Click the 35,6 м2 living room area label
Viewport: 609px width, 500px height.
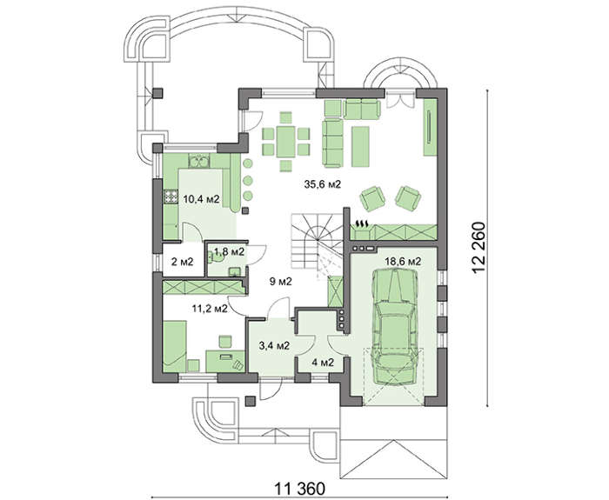tap(323, 184)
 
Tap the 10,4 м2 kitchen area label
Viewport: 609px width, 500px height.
tap(202, 199)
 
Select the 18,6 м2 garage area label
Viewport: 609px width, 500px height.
tap(403, 261)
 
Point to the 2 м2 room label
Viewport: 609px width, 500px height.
tap(182, 262)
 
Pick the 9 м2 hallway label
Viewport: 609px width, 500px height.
tap(280, 282)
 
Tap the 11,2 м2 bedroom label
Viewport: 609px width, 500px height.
tap(210, 309)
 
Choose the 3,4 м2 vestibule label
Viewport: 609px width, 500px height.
tap(274, 345)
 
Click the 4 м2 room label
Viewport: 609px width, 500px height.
tap(323, 363)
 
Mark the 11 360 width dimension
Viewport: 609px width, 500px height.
tap(300, 488)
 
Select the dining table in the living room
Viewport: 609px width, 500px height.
tap(286, 141)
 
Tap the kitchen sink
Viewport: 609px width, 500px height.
tap(199, 160)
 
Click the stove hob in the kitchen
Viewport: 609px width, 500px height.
tap(171, 197)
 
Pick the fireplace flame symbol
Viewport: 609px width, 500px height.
tap(363, 224)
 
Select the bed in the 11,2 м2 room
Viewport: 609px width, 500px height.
tap(175, 346)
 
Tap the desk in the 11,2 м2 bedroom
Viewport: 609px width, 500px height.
tap(225, 361)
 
